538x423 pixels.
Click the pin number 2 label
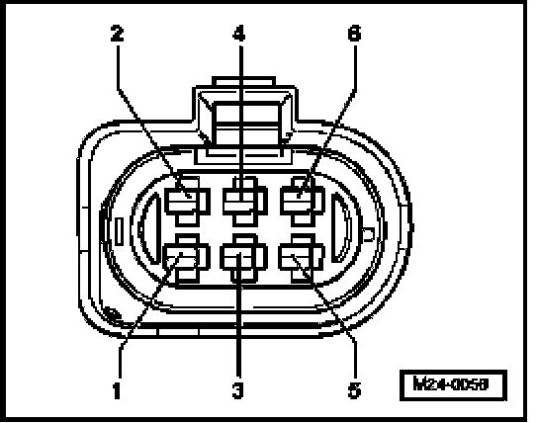(117, 34)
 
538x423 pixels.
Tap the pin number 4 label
(238, 34)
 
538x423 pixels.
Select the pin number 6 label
(354, 34)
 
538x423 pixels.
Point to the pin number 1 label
(117, 390)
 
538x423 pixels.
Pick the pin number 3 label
(237, 390)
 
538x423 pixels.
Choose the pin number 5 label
(354, 390)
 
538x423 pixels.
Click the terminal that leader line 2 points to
(187, 202)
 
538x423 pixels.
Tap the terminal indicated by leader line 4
(245, 202)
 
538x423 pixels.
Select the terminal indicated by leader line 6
(303, 202)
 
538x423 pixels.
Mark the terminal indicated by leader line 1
(187, 259)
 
